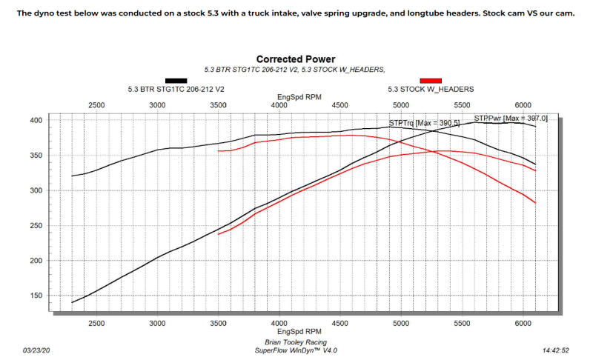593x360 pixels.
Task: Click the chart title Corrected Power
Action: tap(296, 59)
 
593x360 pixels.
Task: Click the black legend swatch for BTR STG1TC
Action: tap(176, 80)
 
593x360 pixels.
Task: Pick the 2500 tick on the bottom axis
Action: tap(96, 323)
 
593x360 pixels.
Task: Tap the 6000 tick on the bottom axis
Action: tap(523, 323)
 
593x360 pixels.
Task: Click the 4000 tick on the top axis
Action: tap(279, 106)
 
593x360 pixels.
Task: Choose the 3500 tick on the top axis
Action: tap(219, 106)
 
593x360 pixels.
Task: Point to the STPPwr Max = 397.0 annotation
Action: tap(511, 118)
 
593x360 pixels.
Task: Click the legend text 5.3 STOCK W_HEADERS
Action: tap(431, 89)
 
